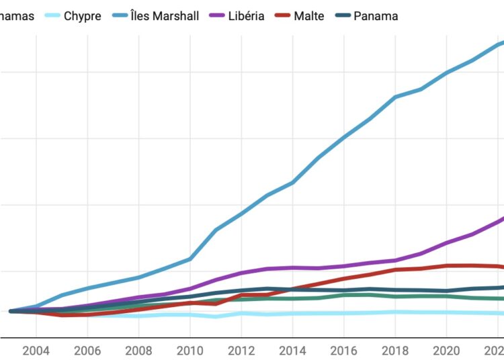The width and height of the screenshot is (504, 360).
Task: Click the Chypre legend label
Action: click(x=82, y=15)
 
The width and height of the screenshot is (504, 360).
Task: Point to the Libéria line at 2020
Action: click(x=446, y=242)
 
